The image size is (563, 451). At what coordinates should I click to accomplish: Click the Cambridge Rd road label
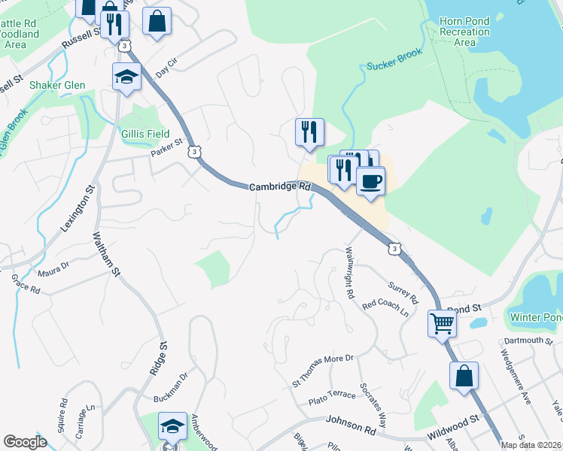click(x=281, y=186)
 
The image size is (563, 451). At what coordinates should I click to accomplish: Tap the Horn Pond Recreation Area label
click(x=466, y=32)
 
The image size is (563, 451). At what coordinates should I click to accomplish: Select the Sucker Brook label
click(x=396, y=60)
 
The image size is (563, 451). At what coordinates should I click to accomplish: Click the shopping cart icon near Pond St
click(x=443, y=324)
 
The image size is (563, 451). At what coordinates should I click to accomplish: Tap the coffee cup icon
click(x=370, y=180)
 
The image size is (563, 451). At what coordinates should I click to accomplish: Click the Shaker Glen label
click(x=57, y=85)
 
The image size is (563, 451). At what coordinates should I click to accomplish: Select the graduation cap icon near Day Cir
click(x=126, y=76)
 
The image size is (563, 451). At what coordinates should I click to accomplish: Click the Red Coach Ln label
click(x=389, y=306)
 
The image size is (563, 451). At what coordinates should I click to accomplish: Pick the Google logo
click(x=25, y=442)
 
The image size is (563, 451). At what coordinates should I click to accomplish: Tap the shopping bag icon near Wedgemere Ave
click(x=464, y=374)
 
